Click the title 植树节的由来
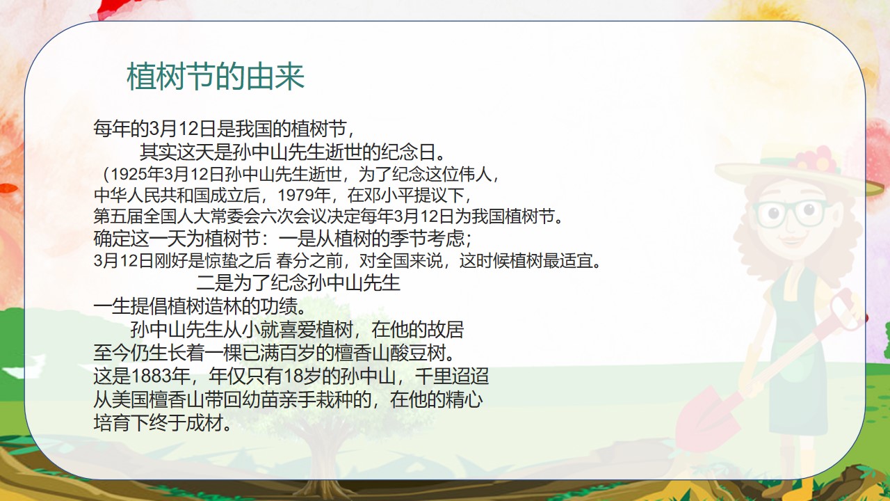[216, 77]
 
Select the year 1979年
[305, 196]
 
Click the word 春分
[293, 261]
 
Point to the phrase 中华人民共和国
[152, 196]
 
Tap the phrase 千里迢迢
[452, 376]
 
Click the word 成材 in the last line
[204, 422]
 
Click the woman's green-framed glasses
[791, 214]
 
